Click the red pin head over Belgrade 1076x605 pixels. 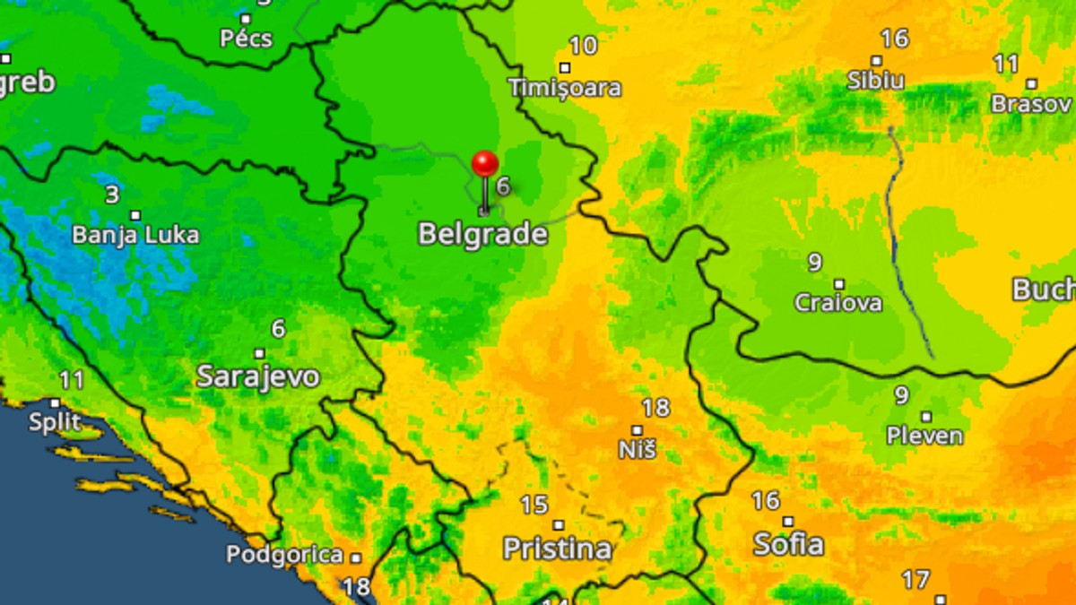pyautogui.click(x=485, y=164)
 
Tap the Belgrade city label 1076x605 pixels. pyautogui.click(x=482, y=235)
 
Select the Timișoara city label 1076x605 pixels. pyautogui.click(x=565, y=88)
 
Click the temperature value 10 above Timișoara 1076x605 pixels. pyautogui.click(x=584, y=46)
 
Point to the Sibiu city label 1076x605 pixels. pyautogui.click(x=876, y=80)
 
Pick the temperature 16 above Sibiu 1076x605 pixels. pyautogui.click(x=894, y=39)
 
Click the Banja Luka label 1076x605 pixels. pyautogui.click(x=135, y=236)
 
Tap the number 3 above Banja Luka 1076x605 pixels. pyautogui.click(x=111, y=194)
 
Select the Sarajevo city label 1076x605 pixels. pyautogui.click(x=258, y=376)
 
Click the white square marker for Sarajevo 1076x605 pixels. pyautogui.click(x=259, y=353)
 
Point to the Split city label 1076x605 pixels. pyautogui.click(x=55, y=422)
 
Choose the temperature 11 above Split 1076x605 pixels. pyautogui.click(x=72, y=380)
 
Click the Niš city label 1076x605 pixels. pyautogui.click(x=637, y=449)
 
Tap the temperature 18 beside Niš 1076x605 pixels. pyautogui.click(x=655, y=408)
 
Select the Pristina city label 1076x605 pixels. pyautogui.click(x=557, y=549)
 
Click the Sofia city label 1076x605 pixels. pyautogui.click(x=788, y=543)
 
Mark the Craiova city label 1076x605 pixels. pyautogui.click(x=838, y=303)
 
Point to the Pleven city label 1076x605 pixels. pyautogui.click(x=924, y=436)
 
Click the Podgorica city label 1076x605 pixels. pyautogui.click(x=284, y=555)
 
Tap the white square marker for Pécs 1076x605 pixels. pyautogui.click(x=246, y=18)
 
